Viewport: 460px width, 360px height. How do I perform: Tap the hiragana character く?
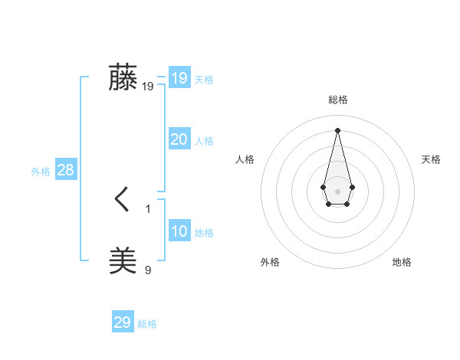coord(123,200)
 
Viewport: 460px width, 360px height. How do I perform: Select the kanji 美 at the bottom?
coord(123,261)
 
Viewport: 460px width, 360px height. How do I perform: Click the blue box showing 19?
coord(179,78)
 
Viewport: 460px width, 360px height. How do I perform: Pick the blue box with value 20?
coord(179,139)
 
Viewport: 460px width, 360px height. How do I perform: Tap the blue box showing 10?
coord(179,231)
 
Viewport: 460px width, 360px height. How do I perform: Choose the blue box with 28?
coord(65,170)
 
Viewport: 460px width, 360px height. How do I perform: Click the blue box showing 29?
coord(123,322)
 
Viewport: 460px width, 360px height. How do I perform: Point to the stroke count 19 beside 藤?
coord(148,87)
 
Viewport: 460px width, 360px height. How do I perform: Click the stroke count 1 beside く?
coord(148,208)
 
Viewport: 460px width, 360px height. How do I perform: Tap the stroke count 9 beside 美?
coord(148,270)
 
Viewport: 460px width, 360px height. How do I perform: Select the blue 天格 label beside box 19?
coord(204,80)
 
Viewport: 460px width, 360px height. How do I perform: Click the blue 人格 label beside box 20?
coord(204,141)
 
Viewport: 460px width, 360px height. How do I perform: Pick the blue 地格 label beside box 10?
coord(204,233)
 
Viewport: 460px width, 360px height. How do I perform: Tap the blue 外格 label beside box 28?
coord(41,172)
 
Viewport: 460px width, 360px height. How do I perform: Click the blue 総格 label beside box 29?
coord(147,324)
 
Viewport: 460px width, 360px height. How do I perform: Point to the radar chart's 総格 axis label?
coord(338,100)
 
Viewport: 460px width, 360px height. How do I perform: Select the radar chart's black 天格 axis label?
coord(431,159)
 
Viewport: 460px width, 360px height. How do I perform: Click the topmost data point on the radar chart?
coord(337,129)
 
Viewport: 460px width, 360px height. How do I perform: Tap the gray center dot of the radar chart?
coord(337,191)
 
